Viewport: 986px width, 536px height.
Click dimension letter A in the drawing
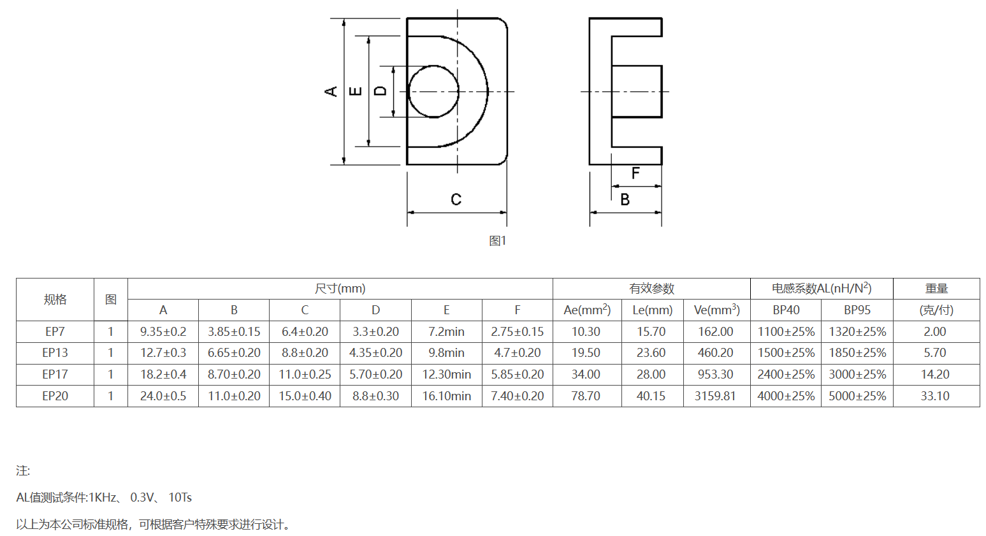pos(331,92)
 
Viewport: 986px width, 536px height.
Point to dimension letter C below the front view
pos(456,199)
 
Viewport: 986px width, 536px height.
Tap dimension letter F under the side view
pos(635,173)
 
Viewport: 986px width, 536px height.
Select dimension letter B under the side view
pos(625,199)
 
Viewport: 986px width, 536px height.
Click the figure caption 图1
pos(498,241)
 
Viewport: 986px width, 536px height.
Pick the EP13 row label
pos(55,353)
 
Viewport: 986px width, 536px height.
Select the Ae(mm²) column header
pos(587,310)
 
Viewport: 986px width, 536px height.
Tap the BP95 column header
pos(857,310)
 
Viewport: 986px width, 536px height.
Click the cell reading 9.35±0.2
pos(163,332)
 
